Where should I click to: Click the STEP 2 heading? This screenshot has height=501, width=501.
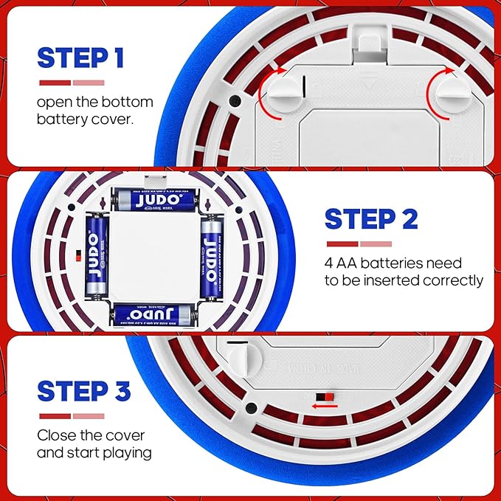(x=371, y=219)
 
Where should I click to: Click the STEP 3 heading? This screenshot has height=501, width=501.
(x=84, y=390)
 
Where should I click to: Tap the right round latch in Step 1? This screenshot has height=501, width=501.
(x=451, y=94)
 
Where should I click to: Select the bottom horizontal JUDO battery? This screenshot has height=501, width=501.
(x=154, y=315)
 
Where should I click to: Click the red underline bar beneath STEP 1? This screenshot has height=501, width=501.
(x=55, y=83)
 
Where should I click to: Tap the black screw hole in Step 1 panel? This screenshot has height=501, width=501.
(x=234, y=100)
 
